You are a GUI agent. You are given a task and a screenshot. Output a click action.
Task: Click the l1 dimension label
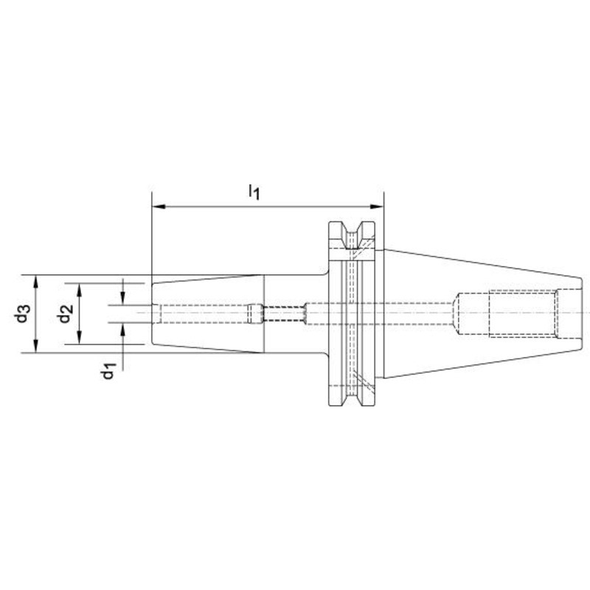(x=254, y=192)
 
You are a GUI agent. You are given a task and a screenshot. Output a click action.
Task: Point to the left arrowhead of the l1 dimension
(x=159, y=206)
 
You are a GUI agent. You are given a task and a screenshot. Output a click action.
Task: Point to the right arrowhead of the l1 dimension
(x=377, y=206)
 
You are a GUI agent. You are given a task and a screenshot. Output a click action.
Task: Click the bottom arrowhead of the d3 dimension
(x=36, y=346)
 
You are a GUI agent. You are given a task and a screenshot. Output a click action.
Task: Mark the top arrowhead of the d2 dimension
(x=80, y=290)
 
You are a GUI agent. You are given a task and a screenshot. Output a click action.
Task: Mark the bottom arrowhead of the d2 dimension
(x=80, y=338)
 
